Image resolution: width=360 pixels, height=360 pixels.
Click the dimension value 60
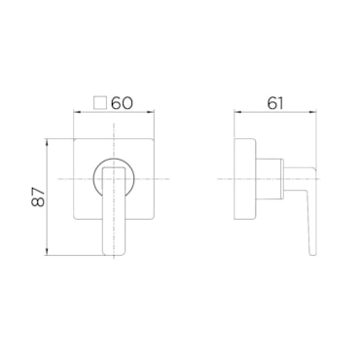coord(122,103)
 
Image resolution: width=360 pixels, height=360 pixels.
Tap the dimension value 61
coord(275,103)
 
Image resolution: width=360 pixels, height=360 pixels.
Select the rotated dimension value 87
coord(38,197)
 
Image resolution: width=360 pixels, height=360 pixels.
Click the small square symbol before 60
coord(99,103)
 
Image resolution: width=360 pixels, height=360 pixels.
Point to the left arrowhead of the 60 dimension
coord(78,113)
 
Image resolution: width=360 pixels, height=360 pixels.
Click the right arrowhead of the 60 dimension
coord(150,113)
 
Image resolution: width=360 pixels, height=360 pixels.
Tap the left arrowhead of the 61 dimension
coord(237,113)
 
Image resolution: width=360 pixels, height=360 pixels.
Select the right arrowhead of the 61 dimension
coord(312,113)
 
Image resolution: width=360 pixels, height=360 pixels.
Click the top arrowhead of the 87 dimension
coord(48,143)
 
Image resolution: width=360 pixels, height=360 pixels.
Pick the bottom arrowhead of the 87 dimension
coord(48,252)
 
